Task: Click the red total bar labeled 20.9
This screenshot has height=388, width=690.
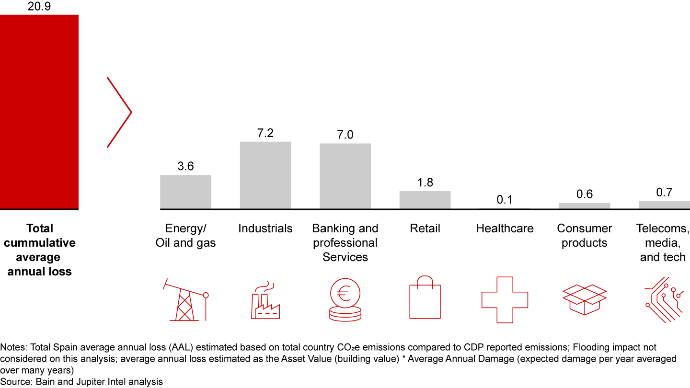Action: click(x=39, y=112)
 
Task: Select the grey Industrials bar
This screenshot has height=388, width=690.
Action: click(x=265, y=175)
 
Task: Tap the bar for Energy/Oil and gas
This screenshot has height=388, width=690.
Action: click(x=185, y=192)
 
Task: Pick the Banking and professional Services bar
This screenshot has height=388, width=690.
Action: click(x=345, y=176)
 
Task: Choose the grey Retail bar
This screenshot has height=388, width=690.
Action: click(x=425, y=200)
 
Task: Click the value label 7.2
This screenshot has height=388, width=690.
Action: click(x=265, y=133)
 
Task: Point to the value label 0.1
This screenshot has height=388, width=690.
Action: click(x=505, y=199)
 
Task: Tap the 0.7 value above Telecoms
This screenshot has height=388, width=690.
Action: click(x=664, y=193)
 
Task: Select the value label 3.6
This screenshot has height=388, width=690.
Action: click(x=185, y=166)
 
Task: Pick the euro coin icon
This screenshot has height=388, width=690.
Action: click(x=345, y=299)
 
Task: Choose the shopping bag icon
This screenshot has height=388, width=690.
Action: click(x=425, y=297)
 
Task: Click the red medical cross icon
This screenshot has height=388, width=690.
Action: click(x=505, y=299)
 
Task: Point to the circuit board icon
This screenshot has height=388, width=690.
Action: click(x=664, y=299)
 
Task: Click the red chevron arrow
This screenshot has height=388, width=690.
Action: click(x=120, y=112)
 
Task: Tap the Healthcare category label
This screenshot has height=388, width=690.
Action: click(x=505, y=228)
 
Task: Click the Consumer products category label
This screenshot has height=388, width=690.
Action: click(x=585, y=236)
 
